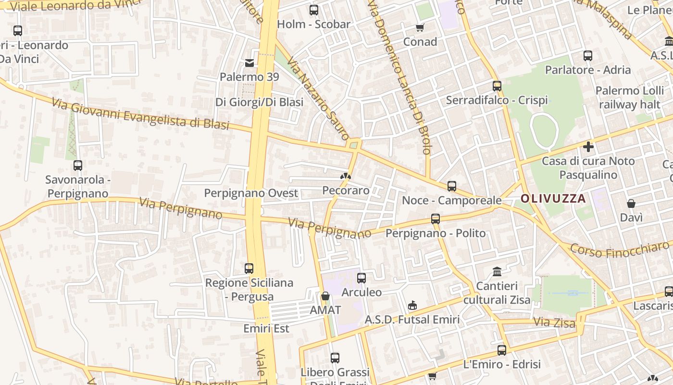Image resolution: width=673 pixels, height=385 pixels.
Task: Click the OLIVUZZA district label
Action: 553,198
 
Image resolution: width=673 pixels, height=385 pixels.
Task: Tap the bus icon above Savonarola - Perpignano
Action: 78,166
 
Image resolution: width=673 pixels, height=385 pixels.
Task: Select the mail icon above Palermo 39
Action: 249,63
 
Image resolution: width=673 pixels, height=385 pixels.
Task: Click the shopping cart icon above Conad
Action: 420,27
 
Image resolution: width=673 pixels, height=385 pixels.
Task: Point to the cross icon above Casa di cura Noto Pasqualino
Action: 588,147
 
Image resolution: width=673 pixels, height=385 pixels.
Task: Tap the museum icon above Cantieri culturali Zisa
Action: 497,272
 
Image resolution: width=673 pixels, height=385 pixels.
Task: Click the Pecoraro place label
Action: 346,190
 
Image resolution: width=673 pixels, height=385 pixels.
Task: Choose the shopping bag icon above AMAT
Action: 325,296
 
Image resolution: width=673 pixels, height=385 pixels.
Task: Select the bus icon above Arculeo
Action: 361,278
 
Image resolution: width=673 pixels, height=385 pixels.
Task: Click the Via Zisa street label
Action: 554,322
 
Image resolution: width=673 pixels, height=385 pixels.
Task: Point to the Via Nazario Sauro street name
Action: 318,99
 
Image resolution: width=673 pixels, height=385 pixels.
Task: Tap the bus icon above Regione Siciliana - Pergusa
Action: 249,268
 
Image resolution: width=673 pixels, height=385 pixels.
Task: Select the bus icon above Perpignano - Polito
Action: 436,219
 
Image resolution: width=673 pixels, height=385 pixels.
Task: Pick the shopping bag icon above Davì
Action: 631,204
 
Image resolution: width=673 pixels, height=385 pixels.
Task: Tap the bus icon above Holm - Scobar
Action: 314,10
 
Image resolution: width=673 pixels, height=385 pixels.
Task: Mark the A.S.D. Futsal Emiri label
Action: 412,320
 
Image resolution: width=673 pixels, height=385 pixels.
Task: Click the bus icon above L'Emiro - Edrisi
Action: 502,350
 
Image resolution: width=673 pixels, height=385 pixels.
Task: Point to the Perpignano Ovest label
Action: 251,193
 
